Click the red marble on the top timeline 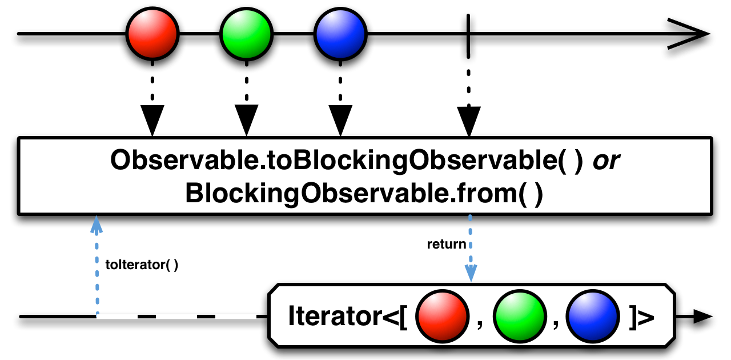tap(152, 34)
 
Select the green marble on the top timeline tap(246, 34)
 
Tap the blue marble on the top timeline tap(340, 34)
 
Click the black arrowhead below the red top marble tap(152, 120)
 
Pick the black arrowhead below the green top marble tap(246, 120)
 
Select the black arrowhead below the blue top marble tap(340, 120)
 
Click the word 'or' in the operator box tap(607, 161)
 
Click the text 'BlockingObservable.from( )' tap(364, 193)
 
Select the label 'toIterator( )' tap(142, 265)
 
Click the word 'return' tap(447, 244)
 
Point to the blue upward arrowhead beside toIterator tap(97, 225)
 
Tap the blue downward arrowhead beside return tap(471, 273)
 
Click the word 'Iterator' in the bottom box tap(335, 316)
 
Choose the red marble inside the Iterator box tap(442, 316)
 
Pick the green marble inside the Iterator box tap(520, 316)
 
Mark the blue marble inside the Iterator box tap(593, 316)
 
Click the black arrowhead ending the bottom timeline tap(702, 316)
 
